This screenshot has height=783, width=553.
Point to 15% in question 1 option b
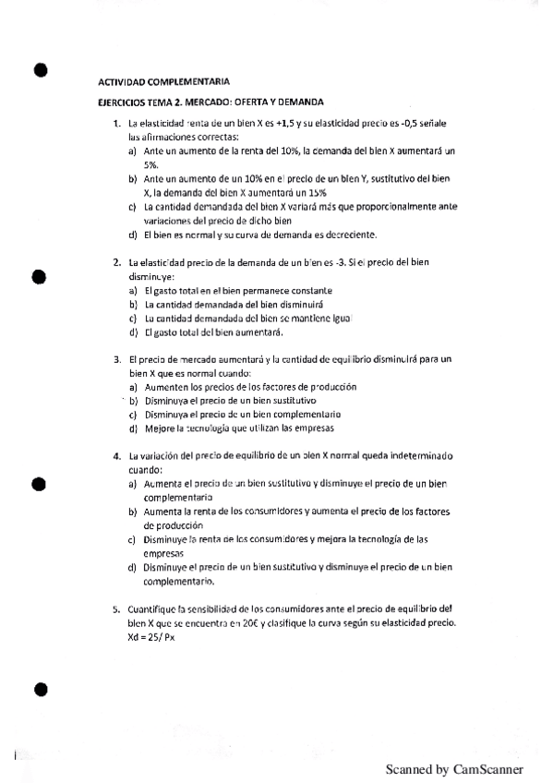tap(316, 192)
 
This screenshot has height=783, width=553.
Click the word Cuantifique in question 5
tap(154, 609)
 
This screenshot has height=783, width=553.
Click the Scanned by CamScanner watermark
tap(454, 768)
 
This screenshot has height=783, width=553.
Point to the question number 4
tap(116, 456)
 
